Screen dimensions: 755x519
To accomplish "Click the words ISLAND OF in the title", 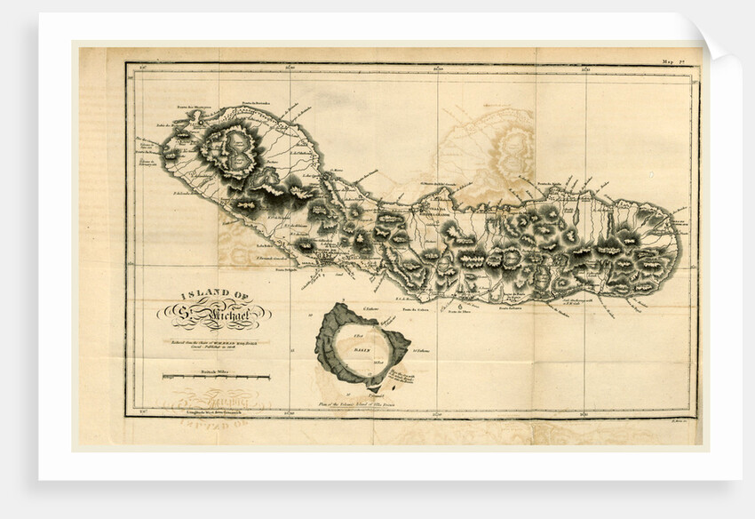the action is (x=215, y=294).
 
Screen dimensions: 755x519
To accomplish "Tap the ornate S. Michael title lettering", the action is (x=215, y=313).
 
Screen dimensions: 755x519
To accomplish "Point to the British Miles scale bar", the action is (x=215, y=378).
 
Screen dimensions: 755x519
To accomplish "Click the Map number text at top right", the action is (x=672, y=61).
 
